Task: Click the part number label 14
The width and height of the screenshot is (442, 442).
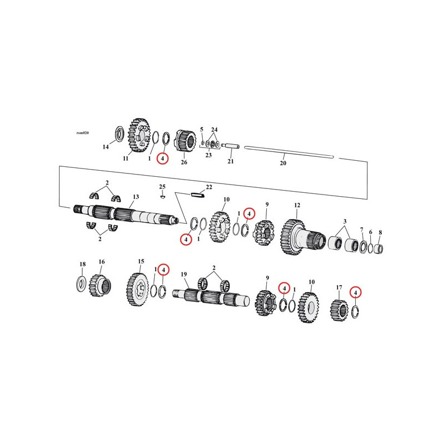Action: point(106,147)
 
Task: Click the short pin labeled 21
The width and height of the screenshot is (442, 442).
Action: point(230,147)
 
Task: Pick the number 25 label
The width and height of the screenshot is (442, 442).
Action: point(162,187)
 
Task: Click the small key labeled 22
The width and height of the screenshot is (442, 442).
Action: point(198,194)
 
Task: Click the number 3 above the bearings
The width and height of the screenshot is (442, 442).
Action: point(345,222)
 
